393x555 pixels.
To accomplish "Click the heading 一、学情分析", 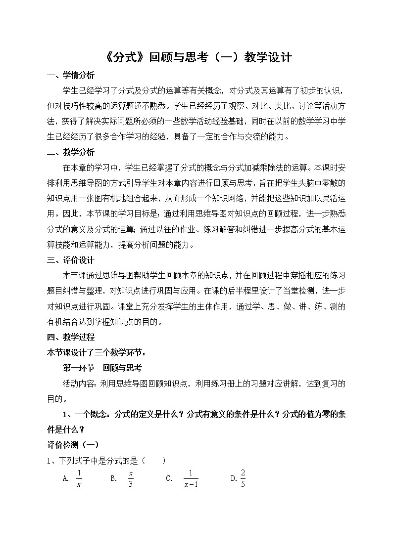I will [x=70, y=76].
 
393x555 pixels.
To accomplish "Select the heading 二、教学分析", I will [x=70, y=152].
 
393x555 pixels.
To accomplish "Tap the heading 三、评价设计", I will [x=70, y=260].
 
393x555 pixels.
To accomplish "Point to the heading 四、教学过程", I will [x=70, y=337].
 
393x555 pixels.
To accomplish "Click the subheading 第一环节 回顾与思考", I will [x=102, y=368].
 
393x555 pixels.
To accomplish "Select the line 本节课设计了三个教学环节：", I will [x=95, y=352].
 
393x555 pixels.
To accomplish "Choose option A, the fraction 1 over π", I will [x=79, y=478].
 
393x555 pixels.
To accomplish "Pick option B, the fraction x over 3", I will [x=131, y=478].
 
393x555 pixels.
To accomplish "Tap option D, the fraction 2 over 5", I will [x=243, y=478].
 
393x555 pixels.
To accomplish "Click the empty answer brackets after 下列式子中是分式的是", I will [x=153, y=461].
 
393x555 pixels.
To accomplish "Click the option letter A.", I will [x=65, y=478].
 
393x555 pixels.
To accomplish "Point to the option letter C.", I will [x=169, y=478].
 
